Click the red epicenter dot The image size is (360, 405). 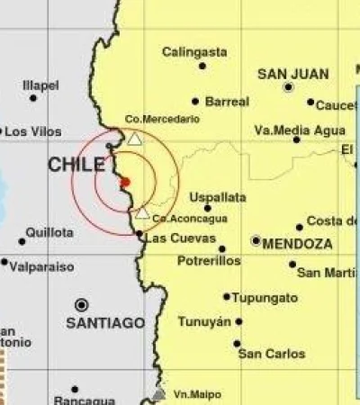click(x=125, y=182)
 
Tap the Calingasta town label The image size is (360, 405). click(x=192, y=52)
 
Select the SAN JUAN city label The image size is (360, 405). click(x=292, y=74)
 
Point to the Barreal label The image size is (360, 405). click(x=227, y=102)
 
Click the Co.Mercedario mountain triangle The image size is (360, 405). click(x=134, y=139)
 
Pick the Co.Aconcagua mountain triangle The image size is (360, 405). click(x=142, y=213)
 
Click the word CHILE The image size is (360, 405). click(x=76, y=165)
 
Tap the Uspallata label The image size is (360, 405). click(x=218, y=197)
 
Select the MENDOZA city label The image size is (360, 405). click(x=298, y=243)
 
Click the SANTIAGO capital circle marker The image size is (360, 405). click(x=82, y=304)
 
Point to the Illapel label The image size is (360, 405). click(x=40, y=85)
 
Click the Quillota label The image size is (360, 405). click(x=50, y=232)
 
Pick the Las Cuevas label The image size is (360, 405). click(x=180, y=238)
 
